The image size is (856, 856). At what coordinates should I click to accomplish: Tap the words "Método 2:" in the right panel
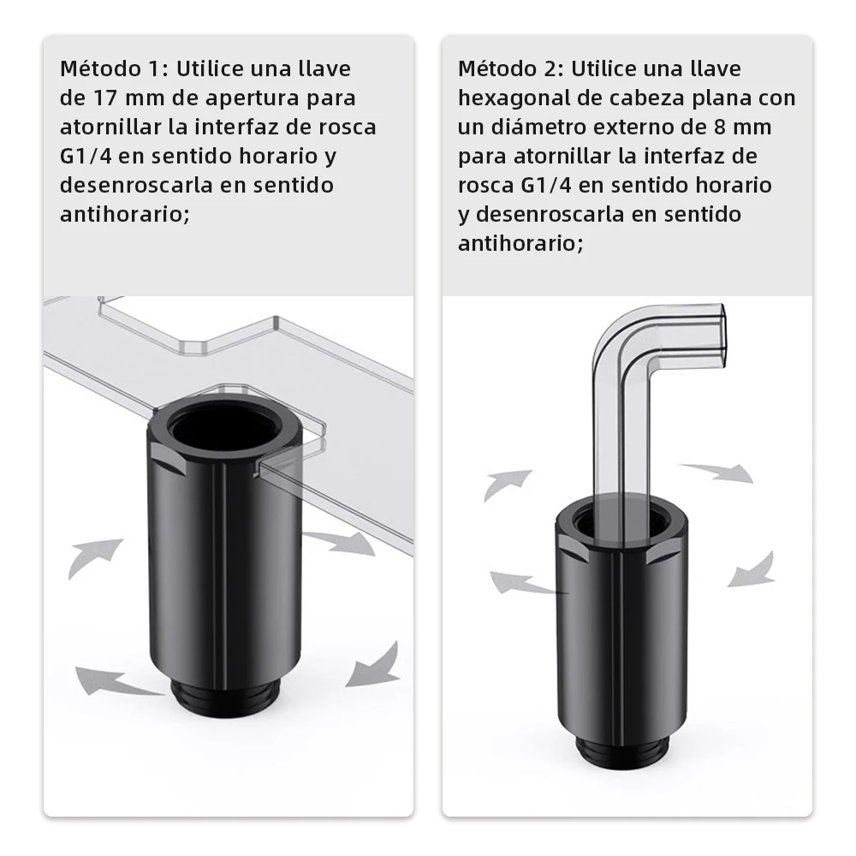point(513,68)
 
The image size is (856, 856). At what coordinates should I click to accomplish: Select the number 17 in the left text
point(104,98)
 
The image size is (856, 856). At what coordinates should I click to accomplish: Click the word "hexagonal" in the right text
point(513,98)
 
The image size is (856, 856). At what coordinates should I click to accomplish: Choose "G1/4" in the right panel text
point(546,185)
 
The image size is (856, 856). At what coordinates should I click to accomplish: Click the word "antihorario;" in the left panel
point(124,214)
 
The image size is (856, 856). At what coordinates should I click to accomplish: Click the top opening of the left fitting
point(224,425)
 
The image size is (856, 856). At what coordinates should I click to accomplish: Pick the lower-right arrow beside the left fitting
point(376,666)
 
